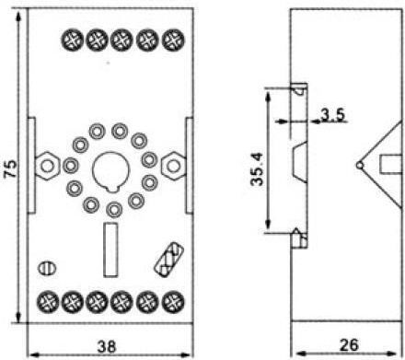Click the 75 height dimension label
coord(11,168)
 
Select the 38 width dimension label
coord(107,346)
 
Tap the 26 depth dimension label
coord(349,345)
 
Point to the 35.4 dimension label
coord(257,168)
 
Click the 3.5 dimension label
coord(333,115)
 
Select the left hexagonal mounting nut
coord(47,166)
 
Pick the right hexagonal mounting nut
coord(174,166)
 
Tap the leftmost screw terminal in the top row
coord(72,41)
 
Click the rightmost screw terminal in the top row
coord(173,41)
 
